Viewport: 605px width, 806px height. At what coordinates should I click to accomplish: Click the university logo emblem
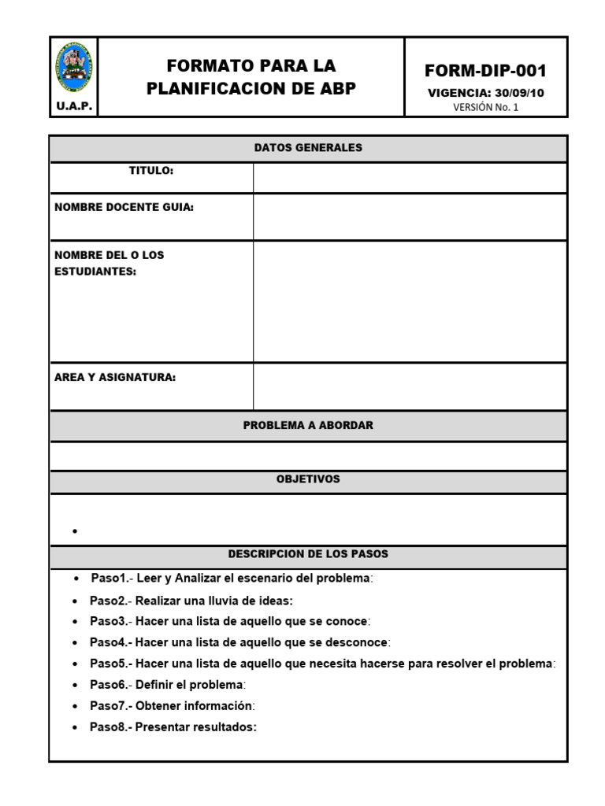(74, 68)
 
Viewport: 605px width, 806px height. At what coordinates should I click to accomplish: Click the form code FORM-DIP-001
(485, 71)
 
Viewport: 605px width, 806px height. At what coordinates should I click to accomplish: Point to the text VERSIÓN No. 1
(485, 108)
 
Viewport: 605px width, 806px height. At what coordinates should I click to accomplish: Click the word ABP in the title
(335, 88)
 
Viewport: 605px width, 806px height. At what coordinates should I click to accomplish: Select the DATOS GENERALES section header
(308, 148)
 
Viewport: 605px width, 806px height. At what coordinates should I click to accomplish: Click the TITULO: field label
(151, 171)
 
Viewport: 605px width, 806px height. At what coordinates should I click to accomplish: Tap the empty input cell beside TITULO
(409, 177)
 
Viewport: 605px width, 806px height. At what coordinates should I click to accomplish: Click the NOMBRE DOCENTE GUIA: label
(124, 207)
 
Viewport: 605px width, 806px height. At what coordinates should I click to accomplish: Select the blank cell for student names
(409, 301)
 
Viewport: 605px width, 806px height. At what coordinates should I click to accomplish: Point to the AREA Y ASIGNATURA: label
(115, 377)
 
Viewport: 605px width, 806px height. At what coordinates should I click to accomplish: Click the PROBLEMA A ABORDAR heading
(308, 425)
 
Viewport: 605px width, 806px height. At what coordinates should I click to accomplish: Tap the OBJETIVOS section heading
(308, 479)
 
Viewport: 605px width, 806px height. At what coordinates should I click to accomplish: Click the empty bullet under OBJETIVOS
(76, 531)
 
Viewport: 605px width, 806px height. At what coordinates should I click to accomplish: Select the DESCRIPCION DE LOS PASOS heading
(308, 554)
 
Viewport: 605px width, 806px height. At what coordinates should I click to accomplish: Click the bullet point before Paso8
(76, 728)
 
